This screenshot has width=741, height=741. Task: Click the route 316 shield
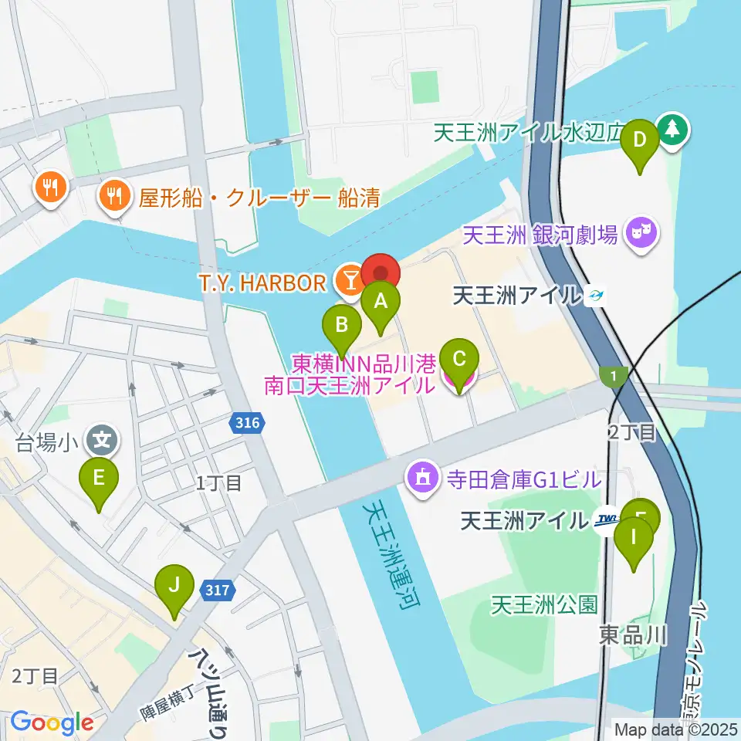[x=248, y=422]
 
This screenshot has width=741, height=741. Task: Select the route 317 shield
[x=217, y=590]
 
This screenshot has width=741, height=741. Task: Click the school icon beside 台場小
[x=103, y=442]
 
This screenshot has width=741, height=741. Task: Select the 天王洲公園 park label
[x=545, y=604]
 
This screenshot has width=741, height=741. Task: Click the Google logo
[x=52, y=722]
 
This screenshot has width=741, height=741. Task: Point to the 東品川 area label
[x=633, y=635]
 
